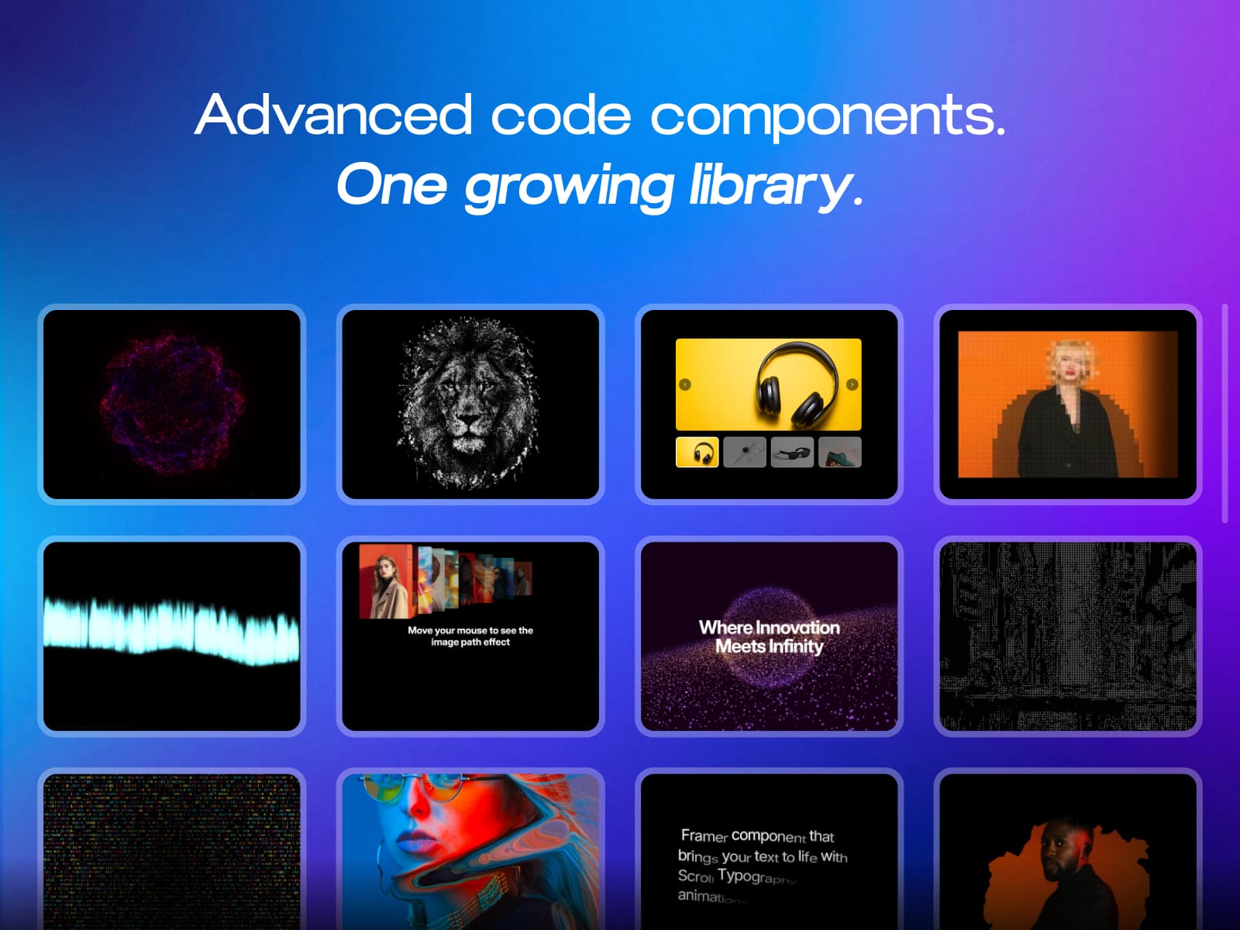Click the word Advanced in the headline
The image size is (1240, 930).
point(333,115)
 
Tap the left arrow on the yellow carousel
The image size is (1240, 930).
point(685,384)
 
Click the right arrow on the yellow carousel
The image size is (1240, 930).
point(852,384)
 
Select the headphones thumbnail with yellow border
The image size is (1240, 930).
point(697,453)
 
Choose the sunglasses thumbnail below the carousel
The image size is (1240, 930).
point(793,453)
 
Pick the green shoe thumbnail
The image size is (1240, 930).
point(840,453)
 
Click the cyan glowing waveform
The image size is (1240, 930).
point(172,628)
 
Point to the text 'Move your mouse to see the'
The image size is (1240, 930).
point(470,630)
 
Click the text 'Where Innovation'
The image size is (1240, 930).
point(769,627)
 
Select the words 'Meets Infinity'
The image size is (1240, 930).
point(769,646)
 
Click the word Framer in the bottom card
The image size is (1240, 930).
point(704,835)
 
